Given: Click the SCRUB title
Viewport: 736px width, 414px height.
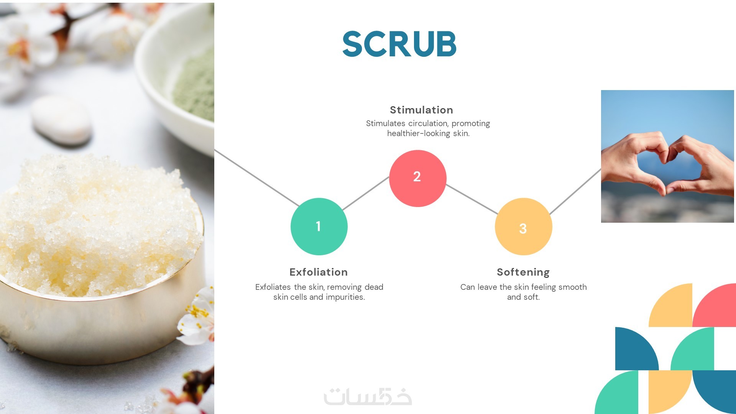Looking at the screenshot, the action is pyautogui.click(x=399, y=44).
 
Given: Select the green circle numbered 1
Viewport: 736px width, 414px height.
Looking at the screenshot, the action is pyautogui.click(x=319, y=227).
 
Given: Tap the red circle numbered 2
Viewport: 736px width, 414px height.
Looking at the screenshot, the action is pyautogui.click(x=418, y=178).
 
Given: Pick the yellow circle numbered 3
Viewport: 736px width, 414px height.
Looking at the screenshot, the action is pyautogui.click(x=524, y=227).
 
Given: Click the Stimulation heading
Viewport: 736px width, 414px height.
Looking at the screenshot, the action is pyautogui.click(x=421, y=110).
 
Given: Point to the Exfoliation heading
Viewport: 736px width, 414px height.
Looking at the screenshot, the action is pyautogui.click(x=319, y=272).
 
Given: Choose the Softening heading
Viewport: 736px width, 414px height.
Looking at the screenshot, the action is pyautogui.click(x=523, y=273).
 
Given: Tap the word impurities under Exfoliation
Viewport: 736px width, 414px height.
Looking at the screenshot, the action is pyautogui.click(x=345, y=297).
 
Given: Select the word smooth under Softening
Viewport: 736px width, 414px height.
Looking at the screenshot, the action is pyautogui.click(x=573, y=287).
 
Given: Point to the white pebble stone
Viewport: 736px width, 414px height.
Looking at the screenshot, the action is pyautogui.click(x=61, y=120).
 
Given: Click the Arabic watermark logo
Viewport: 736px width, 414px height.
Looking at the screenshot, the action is pyautogui.click(x=368, y=397).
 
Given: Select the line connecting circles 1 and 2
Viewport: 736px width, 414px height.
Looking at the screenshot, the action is pyautogui.click(x=366, y=193).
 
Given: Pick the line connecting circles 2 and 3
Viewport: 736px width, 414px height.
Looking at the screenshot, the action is pyautogui.click(x=472, y=199).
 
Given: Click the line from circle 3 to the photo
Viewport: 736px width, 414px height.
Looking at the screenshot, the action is pyautogui.click(x=575, y=191).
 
